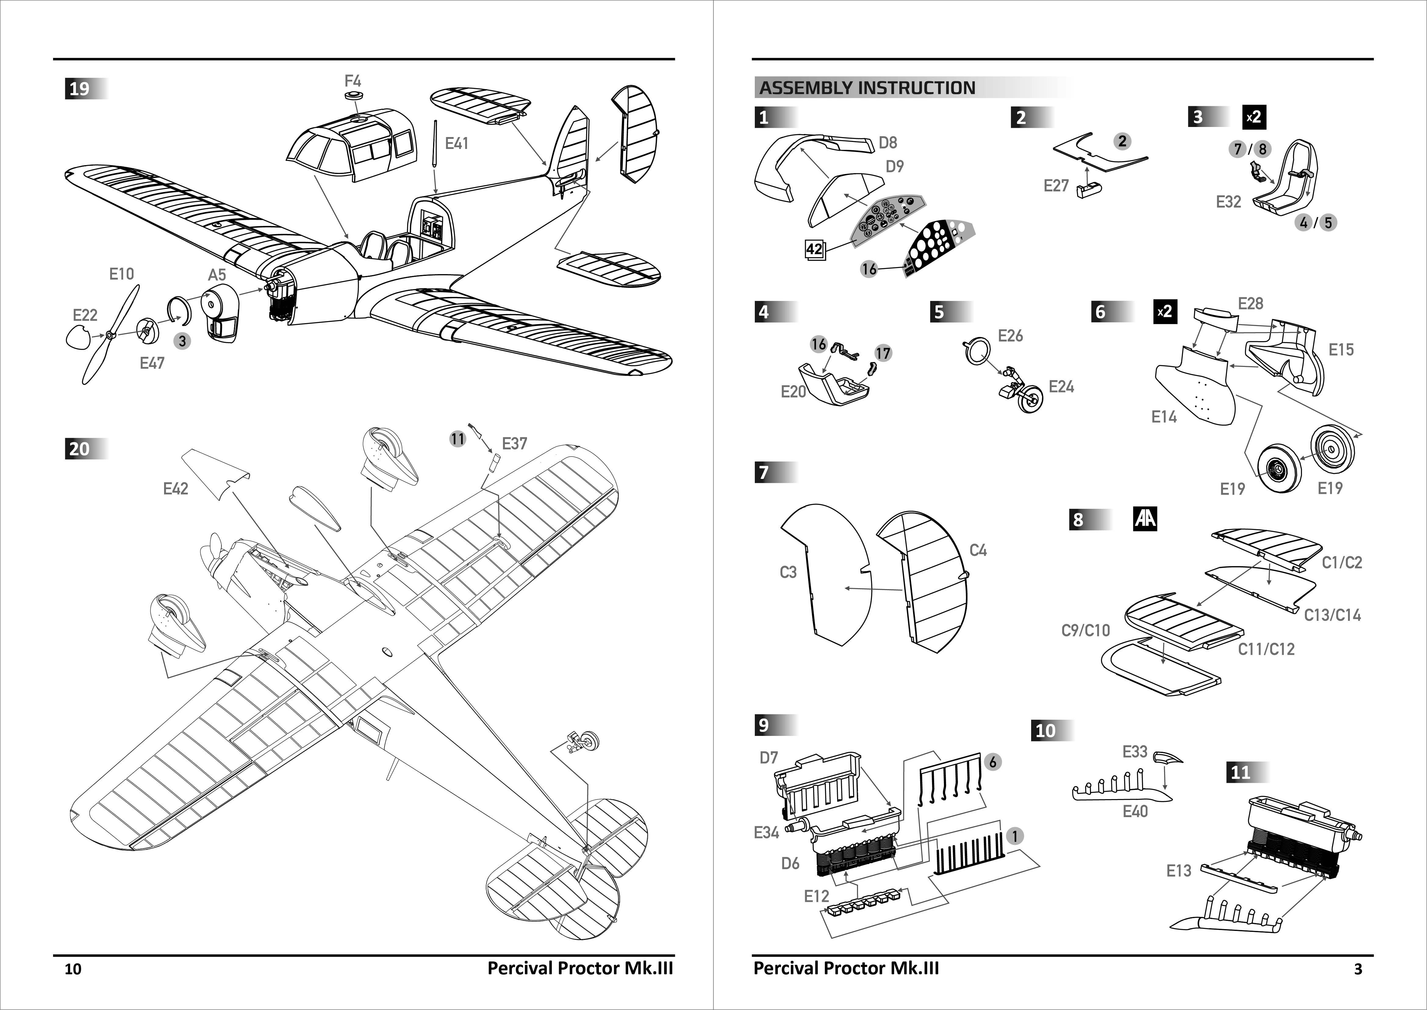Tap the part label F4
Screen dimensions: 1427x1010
[x=352, y=81]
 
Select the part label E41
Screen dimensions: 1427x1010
[x=457, y=144]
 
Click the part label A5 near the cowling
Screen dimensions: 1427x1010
[x=217, y=275]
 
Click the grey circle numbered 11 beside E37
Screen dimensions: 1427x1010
[x=457, y=439]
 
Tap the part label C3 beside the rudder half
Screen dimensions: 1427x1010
[x=788, y=572]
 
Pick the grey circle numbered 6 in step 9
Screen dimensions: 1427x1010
[x=993, y=762]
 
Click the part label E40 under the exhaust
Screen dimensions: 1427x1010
[x=1135, y=811]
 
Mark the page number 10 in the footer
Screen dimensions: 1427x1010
[x=73, y=969]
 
